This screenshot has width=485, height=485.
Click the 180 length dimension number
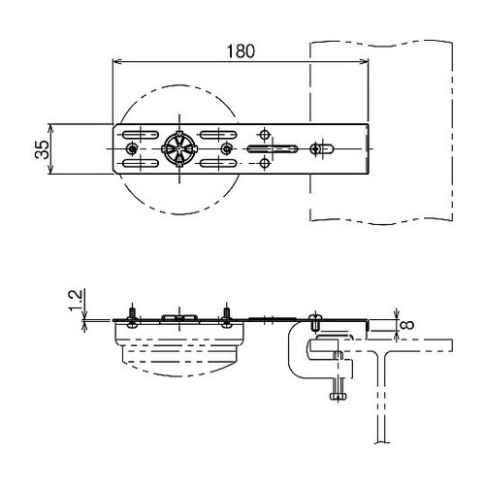point(241,51)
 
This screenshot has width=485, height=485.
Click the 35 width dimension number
point(43,149)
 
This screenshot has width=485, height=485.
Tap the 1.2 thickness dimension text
point(76,300)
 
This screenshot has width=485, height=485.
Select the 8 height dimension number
point(408,325)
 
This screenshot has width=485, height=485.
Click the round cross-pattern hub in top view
point(179,148)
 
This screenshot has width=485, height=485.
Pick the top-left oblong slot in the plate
point(141,135)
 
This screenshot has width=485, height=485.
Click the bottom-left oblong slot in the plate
point(141,163)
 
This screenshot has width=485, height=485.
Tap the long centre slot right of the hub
point(273,148)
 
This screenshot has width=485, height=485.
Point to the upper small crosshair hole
point(265,134)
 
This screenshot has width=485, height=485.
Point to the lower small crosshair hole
point(265,163)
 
